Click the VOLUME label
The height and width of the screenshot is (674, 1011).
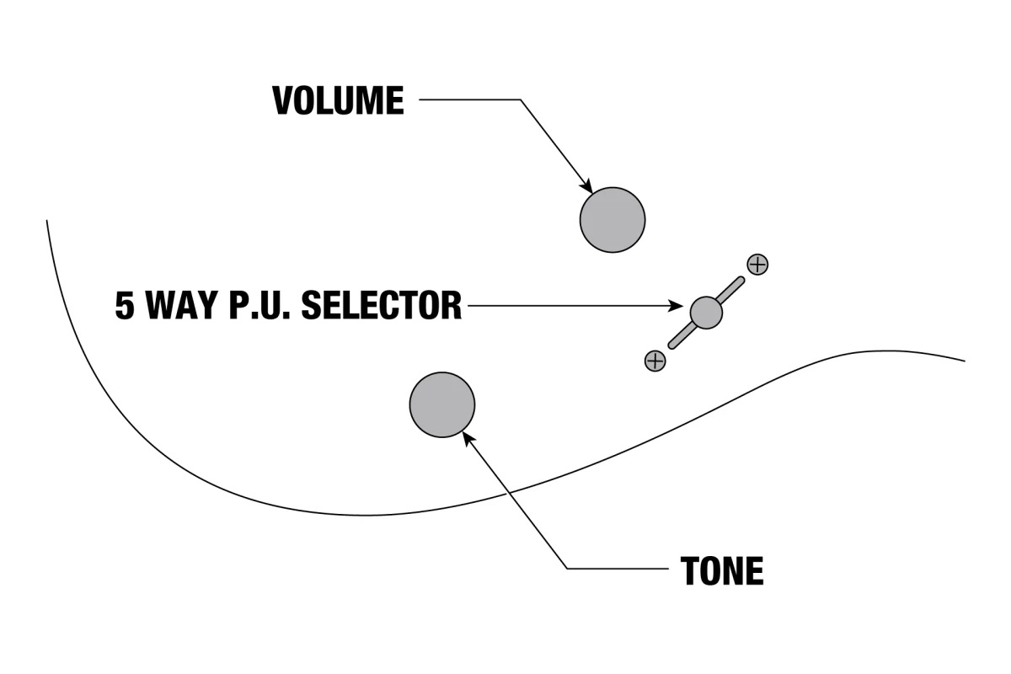pyautogui.click(x=338, y=101)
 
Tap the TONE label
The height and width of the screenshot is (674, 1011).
pyautogui.click(x=721, y=571)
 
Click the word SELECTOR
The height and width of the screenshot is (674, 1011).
pyautogui.click(x=381, y=305)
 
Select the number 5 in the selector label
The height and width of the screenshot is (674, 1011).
pyautogui.click(x=125, y=305)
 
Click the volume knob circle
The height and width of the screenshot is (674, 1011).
pyautogui.click(x=612, y=219)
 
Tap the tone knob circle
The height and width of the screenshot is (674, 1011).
pyautogui.click(x=441, y=404)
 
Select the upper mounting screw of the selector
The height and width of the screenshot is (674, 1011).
pyautogui.click(x=757, y=264)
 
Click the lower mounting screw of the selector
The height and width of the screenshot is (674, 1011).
pyautogui.click(x=655, y=361)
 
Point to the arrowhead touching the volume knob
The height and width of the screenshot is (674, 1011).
pyautogui.click(x=586, y=187)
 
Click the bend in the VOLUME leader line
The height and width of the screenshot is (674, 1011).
pyautogui.click(x=521, y=100)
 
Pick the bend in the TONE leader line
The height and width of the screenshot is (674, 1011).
pyautogui.click(x=567, y=569)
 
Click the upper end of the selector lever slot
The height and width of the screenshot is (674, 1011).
pyautogui.click(x=741, y=281)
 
